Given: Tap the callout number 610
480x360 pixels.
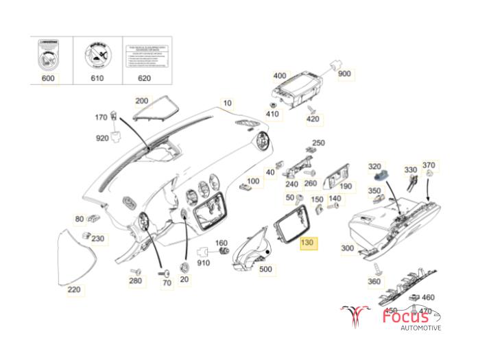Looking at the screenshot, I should click(96, 79).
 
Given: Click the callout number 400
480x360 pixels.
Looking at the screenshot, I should click(279, 75).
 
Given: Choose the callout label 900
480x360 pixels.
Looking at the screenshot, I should click(344, 74).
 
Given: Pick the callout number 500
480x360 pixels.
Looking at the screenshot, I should click(265, 269).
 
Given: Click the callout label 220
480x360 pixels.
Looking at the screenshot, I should click(73, 290).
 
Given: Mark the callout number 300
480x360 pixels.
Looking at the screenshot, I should click(348, 248).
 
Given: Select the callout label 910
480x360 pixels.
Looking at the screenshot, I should click(204, 263).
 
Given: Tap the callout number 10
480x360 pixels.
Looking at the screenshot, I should click(228, 104).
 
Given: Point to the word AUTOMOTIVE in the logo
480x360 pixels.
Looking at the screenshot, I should click(421, 329).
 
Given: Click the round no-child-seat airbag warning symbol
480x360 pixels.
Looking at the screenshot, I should click(97, 54).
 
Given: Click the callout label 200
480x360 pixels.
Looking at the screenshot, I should click(142, 101).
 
